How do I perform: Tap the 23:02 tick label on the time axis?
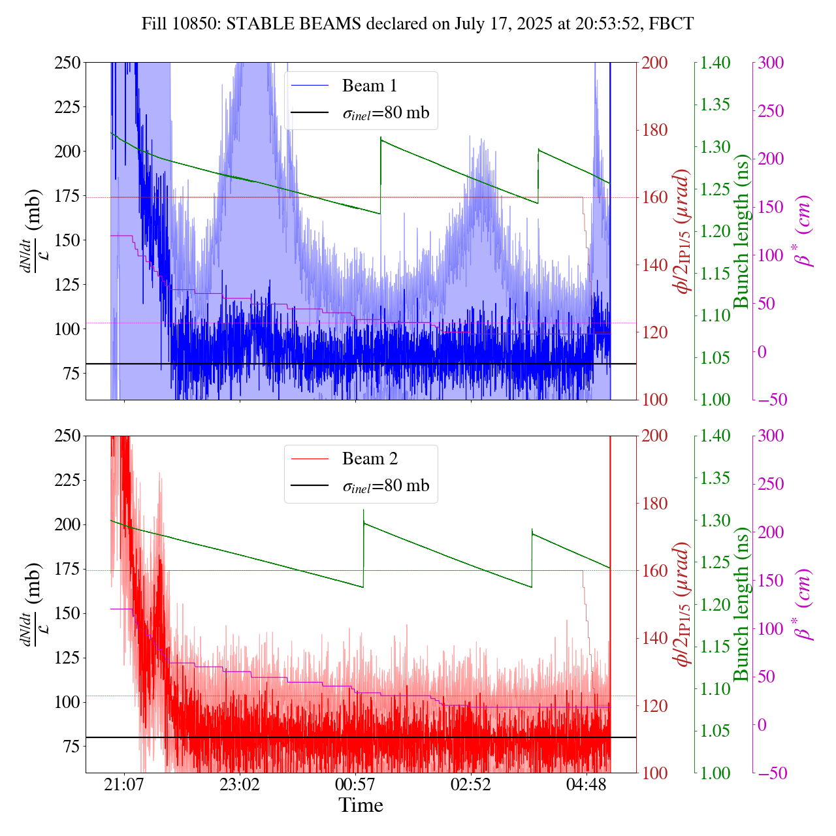[240, 784]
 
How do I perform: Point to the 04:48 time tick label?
[587, 784]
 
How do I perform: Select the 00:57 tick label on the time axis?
[355, 784]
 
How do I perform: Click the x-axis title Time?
[361, 805]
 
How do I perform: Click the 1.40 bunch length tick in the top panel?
[716, 63]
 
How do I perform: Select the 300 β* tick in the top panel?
[771, 63]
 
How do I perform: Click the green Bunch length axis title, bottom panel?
[742, 603]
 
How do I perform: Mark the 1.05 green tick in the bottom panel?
[716, 731]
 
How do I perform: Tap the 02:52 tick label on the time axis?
[471, 784]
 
